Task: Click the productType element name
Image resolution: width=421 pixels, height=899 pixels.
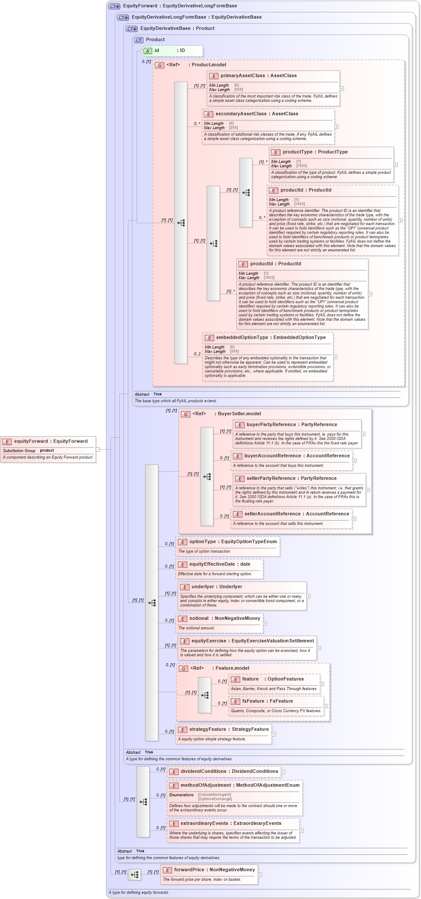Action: pos(297,152)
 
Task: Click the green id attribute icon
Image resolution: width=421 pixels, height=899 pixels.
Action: pos(147,51)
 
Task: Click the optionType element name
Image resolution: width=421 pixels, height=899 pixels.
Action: pos(202,542)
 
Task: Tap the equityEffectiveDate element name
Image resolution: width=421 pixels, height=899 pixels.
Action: pos(212,564)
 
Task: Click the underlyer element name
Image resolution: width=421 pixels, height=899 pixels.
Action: pos(203,587)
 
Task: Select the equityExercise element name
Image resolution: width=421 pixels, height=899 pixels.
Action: pos(209,641)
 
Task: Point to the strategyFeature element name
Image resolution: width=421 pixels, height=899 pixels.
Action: pos(208,730)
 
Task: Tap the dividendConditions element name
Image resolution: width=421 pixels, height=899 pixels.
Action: pos(206,772)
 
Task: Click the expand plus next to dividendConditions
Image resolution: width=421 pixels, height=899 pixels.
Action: pos(283,772)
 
